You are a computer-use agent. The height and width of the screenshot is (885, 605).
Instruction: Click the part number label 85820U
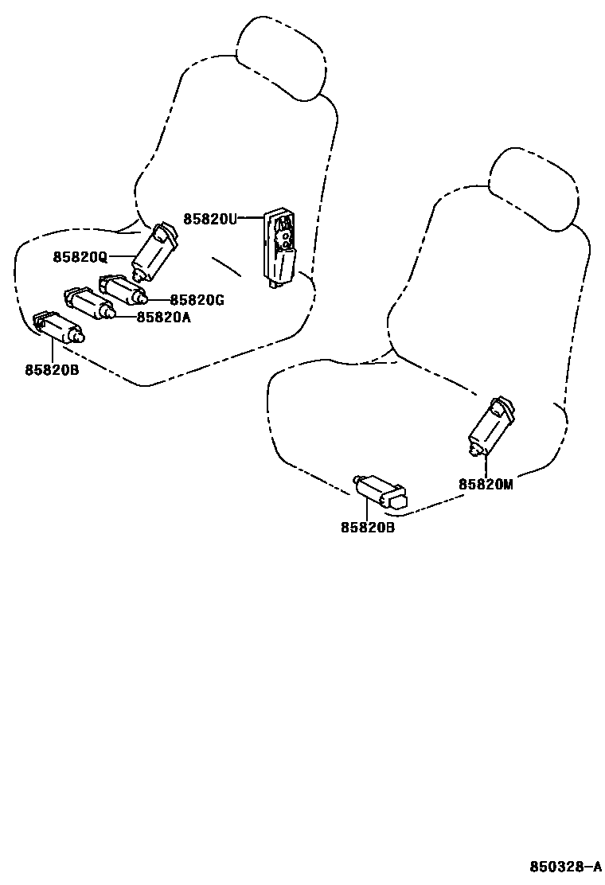coord(210,219)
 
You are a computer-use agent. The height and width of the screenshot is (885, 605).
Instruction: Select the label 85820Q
coord(80,257)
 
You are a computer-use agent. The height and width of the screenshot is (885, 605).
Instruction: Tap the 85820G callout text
coord(197,300)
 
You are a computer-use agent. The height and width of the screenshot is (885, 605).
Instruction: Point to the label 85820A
coord(163,317)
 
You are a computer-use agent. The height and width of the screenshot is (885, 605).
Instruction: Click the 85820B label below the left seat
coord(52,369)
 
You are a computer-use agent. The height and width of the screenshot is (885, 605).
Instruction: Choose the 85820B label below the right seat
coord(368,527)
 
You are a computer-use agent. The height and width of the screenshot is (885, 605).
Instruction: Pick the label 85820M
coord(485,484)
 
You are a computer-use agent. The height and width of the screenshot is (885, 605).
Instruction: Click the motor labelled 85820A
coord(90,304)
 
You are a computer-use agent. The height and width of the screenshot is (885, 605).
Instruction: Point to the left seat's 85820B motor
coord(59,326)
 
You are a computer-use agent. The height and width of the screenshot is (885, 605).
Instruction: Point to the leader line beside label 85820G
coord(158,300)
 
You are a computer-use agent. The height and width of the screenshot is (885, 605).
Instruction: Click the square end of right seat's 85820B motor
coord(396,499)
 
